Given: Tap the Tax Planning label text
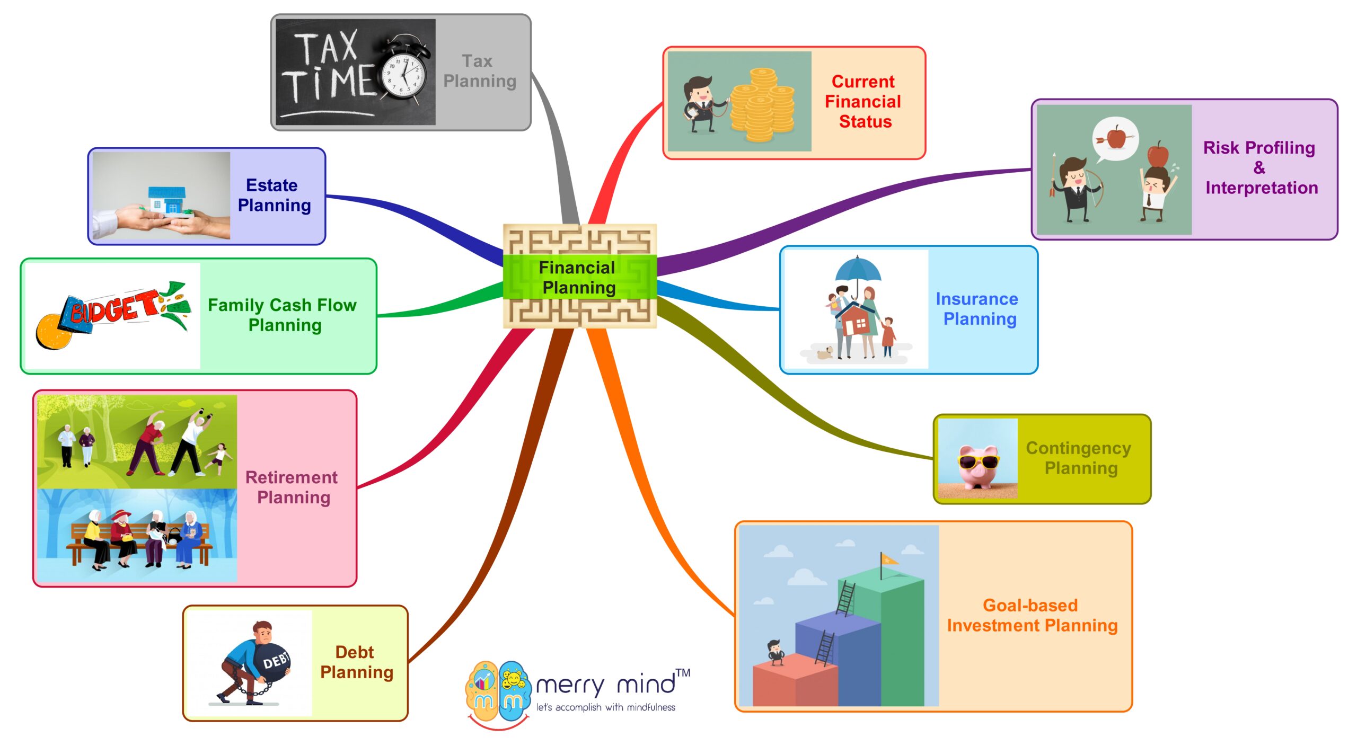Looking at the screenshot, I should coord(479,71).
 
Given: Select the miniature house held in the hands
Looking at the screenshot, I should coord(168,200).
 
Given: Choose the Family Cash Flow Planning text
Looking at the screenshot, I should coord(283,315).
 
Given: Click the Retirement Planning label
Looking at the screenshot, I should coord(292,487).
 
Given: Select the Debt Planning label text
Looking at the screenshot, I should coord(356,662).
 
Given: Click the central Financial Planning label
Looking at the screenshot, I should coord(578,277).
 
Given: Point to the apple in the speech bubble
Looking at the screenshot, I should coord(1116,137).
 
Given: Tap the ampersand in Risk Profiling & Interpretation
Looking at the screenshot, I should coord(1259,168).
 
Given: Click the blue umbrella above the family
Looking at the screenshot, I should coord(857,268).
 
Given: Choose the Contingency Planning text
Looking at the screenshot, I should coord(1079,458).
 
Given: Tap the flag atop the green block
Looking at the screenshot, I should coord(889,559).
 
